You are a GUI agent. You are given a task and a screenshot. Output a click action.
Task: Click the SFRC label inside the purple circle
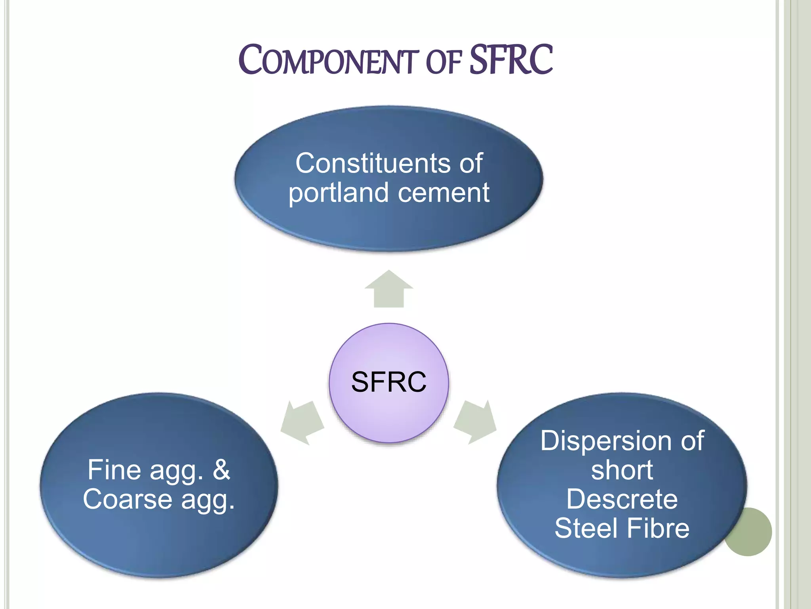(389, 382)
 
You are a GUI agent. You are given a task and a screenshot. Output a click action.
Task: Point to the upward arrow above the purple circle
(389, 289)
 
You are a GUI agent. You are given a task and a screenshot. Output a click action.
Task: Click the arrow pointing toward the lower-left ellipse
(302, 423)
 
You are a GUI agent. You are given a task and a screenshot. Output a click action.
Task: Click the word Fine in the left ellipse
(114, 470)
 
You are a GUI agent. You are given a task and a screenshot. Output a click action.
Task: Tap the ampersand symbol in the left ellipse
(221, 470)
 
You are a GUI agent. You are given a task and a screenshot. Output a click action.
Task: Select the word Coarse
(128, 500)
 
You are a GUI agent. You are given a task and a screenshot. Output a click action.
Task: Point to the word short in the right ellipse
(622, 471)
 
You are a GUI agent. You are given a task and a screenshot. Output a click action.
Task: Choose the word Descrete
(622, 500)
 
